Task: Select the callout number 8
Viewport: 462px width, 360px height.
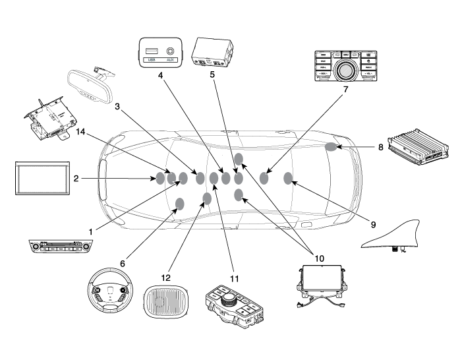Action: pos(117,105)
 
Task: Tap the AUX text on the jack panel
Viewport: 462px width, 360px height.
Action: pos(170,60)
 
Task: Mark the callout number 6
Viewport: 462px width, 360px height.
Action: pos(122,262)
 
